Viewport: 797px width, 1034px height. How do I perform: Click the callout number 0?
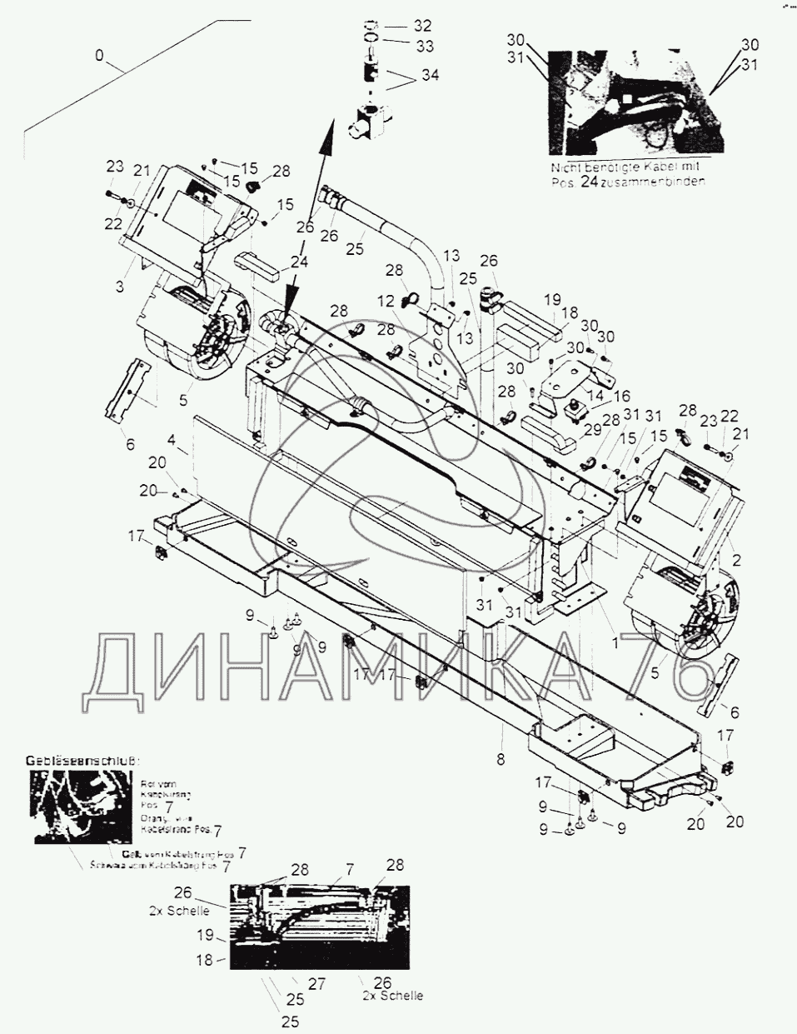pos(100,57)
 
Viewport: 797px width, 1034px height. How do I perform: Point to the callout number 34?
pos(430,76)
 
